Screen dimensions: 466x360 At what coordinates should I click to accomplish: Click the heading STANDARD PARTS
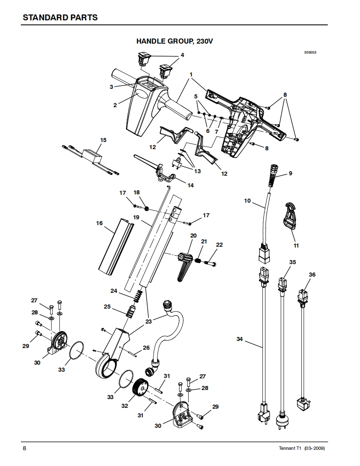click(60, 17)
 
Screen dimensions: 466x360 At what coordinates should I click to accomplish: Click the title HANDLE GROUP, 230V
click(175, 42)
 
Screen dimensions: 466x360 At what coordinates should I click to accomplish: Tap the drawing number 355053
click(310, 53)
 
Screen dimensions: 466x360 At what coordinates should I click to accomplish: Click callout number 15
click(103, 140)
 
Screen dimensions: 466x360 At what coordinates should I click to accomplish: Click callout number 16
click(99, 223)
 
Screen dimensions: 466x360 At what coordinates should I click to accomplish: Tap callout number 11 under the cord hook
click(296, 245)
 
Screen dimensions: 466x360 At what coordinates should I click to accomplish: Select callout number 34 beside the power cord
click(239, 339)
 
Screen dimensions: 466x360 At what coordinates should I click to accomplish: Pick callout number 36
click(312, 275)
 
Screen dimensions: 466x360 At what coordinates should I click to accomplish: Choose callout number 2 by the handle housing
click(115, 105)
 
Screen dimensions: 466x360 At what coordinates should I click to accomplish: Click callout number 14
click(190, 185)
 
